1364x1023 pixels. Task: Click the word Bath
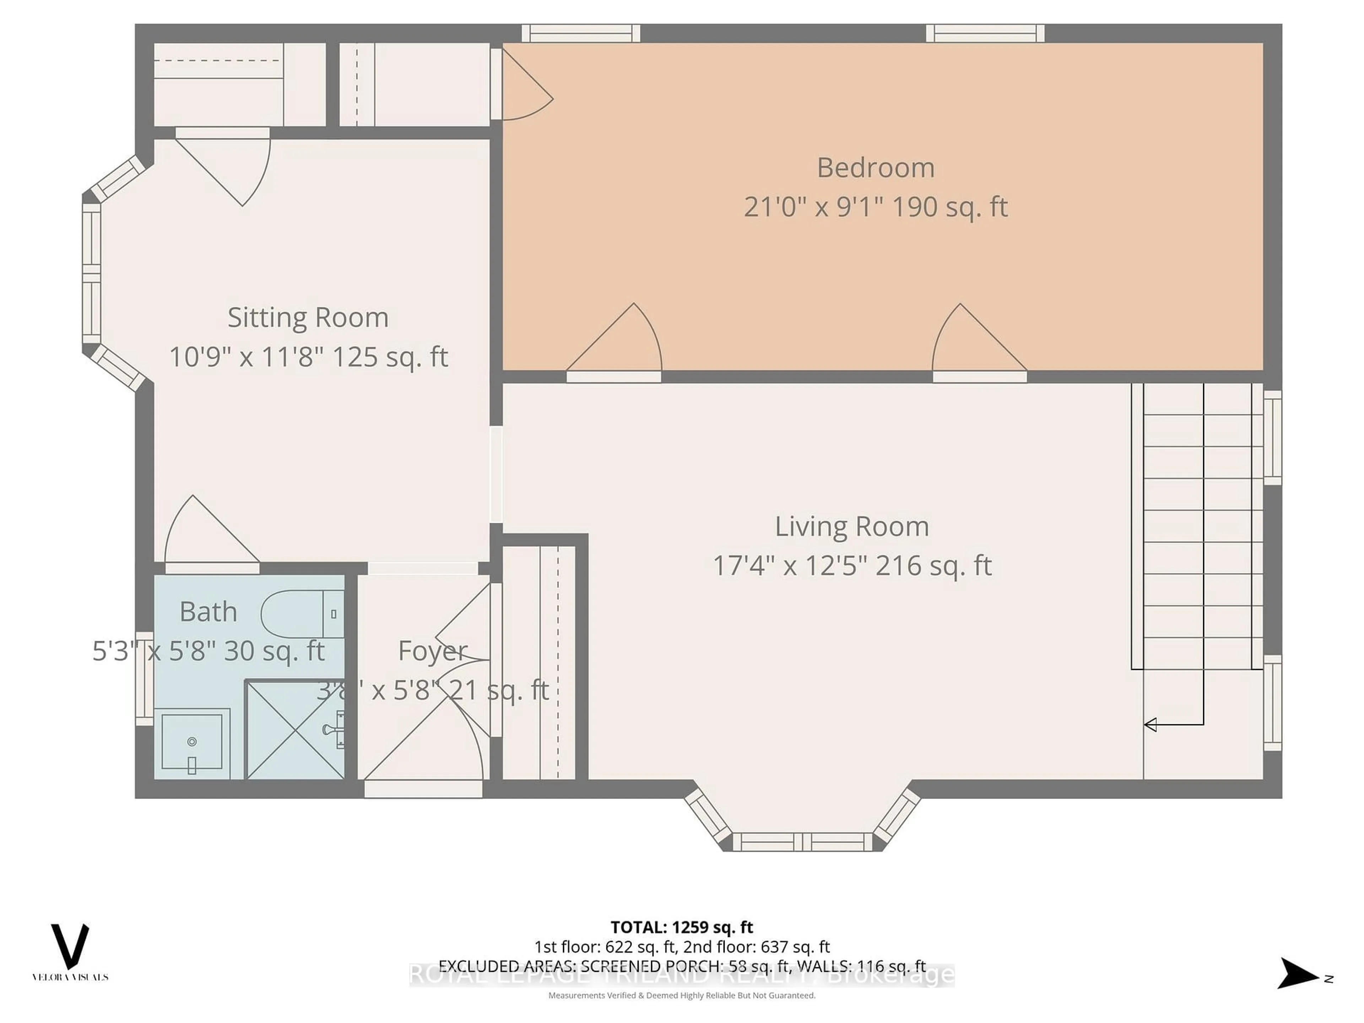[x=209, y=612]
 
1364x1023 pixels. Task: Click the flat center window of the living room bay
[x=802, y=842]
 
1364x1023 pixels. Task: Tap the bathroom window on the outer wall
[x=144, y=678]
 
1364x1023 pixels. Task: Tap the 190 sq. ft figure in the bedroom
[x=949, y=207]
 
